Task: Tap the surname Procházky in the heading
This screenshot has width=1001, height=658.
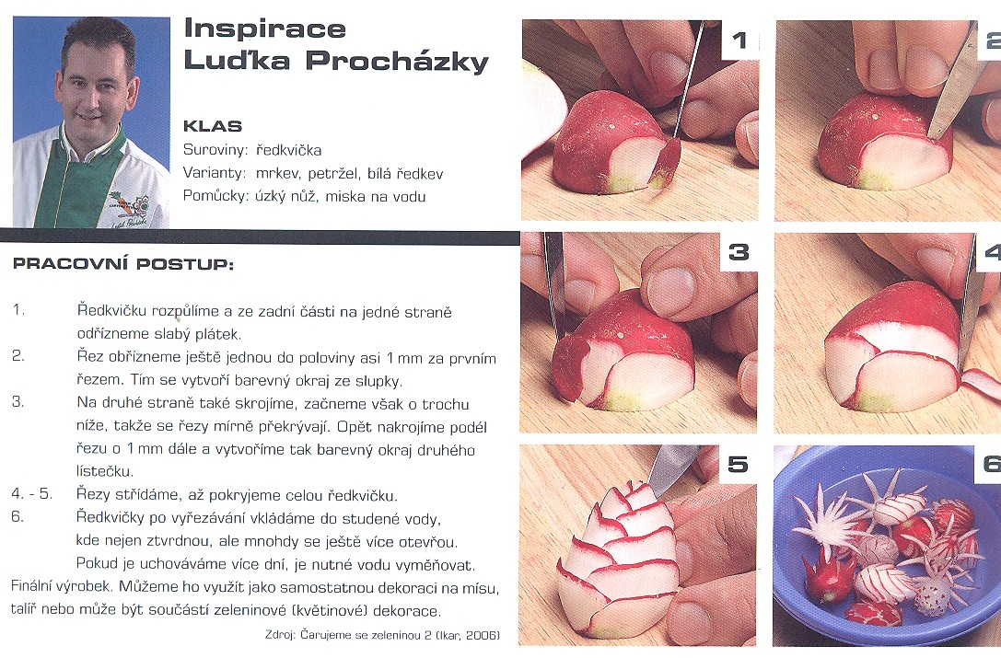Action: point(397,62)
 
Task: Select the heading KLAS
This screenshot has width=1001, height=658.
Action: point(213,126)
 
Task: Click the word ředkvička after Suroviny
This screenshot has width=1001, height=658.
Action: point(288,151)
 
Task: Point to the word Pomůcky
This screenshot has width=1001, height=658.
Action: point(215,197)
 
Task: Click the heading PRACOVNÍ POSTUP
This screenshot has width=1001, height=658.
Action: point(123,263)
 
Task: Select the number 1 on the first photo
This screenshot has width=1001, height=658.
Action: point(739,40)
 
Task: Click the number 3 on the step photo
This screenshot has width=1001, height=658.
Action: point(739,252)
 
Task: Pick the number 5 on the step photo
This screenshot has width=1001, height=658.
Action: point(738,464)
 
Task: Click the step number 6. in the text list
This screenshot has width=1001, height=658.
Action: point(17,516)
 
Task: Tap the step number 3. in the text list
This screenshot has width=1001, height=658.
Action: point(17,401)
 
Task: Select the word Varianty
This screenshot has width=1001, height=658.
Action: point(215,174)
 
